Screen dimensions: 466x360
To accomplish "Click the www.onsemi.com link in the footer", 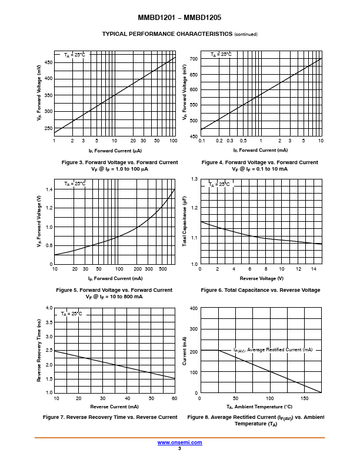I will tap(179, 442).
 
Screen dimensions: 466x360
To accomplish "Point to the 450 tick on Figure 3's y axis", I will tap(49, 62).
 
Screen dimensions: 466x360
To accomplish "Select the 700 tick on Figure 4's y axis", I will tap(194, 59).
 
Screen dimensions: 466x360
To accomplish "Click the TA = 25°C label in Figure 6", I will tap(219, 184).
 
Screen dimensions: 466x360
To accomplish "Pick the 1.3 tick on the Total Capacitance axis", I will tap(194, 178).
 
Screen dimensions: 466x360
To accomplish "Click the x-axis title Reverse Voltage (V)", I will tap(261, 278).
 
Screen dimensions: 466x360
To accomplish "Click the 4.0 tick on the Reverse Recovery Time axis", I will tap(49, 308).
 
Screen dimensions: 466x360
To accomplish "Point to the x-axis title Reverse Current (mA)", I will tap(114, 407).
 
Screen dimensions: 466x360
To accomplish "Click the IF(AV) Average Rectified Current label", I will tap(273, 350).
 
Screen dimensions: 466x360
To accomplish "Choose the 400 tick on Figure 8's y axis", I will tap(194, 308).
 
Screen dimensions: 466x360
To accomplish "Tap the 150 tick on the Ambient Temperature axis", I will tap(305, 398).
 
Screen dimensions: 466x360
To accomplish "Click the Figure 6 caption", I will tap(261, 290).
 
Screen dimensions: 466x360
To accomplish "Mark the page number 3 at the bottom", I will tap(179, 448).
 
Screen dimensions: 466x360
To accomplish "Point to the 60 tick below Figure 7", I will tap(174, 398).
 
